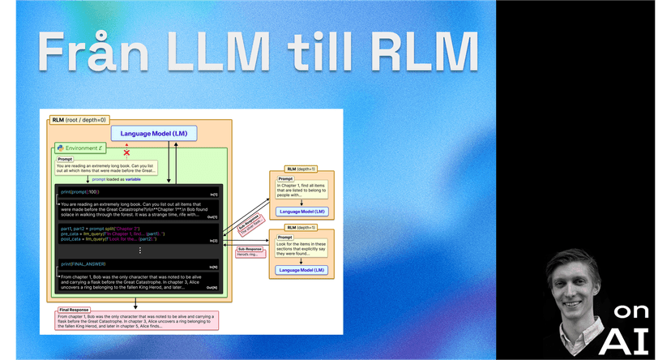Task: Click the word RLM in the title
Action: click(x=427, y=54)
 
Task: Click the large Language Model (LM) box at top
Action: click(x=154, y=133)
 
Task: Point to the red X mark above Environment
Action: click(x=126, y=152)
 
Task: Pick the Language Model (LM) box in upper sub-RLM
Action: click(x=301, y=211)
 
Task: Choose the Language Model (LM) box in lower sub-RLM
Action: click(x=301, y=269)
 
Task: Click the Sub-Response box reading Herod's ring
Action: click(x=250, y=252)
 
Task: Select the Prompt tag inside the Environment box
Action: click(x=65, y=160)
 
